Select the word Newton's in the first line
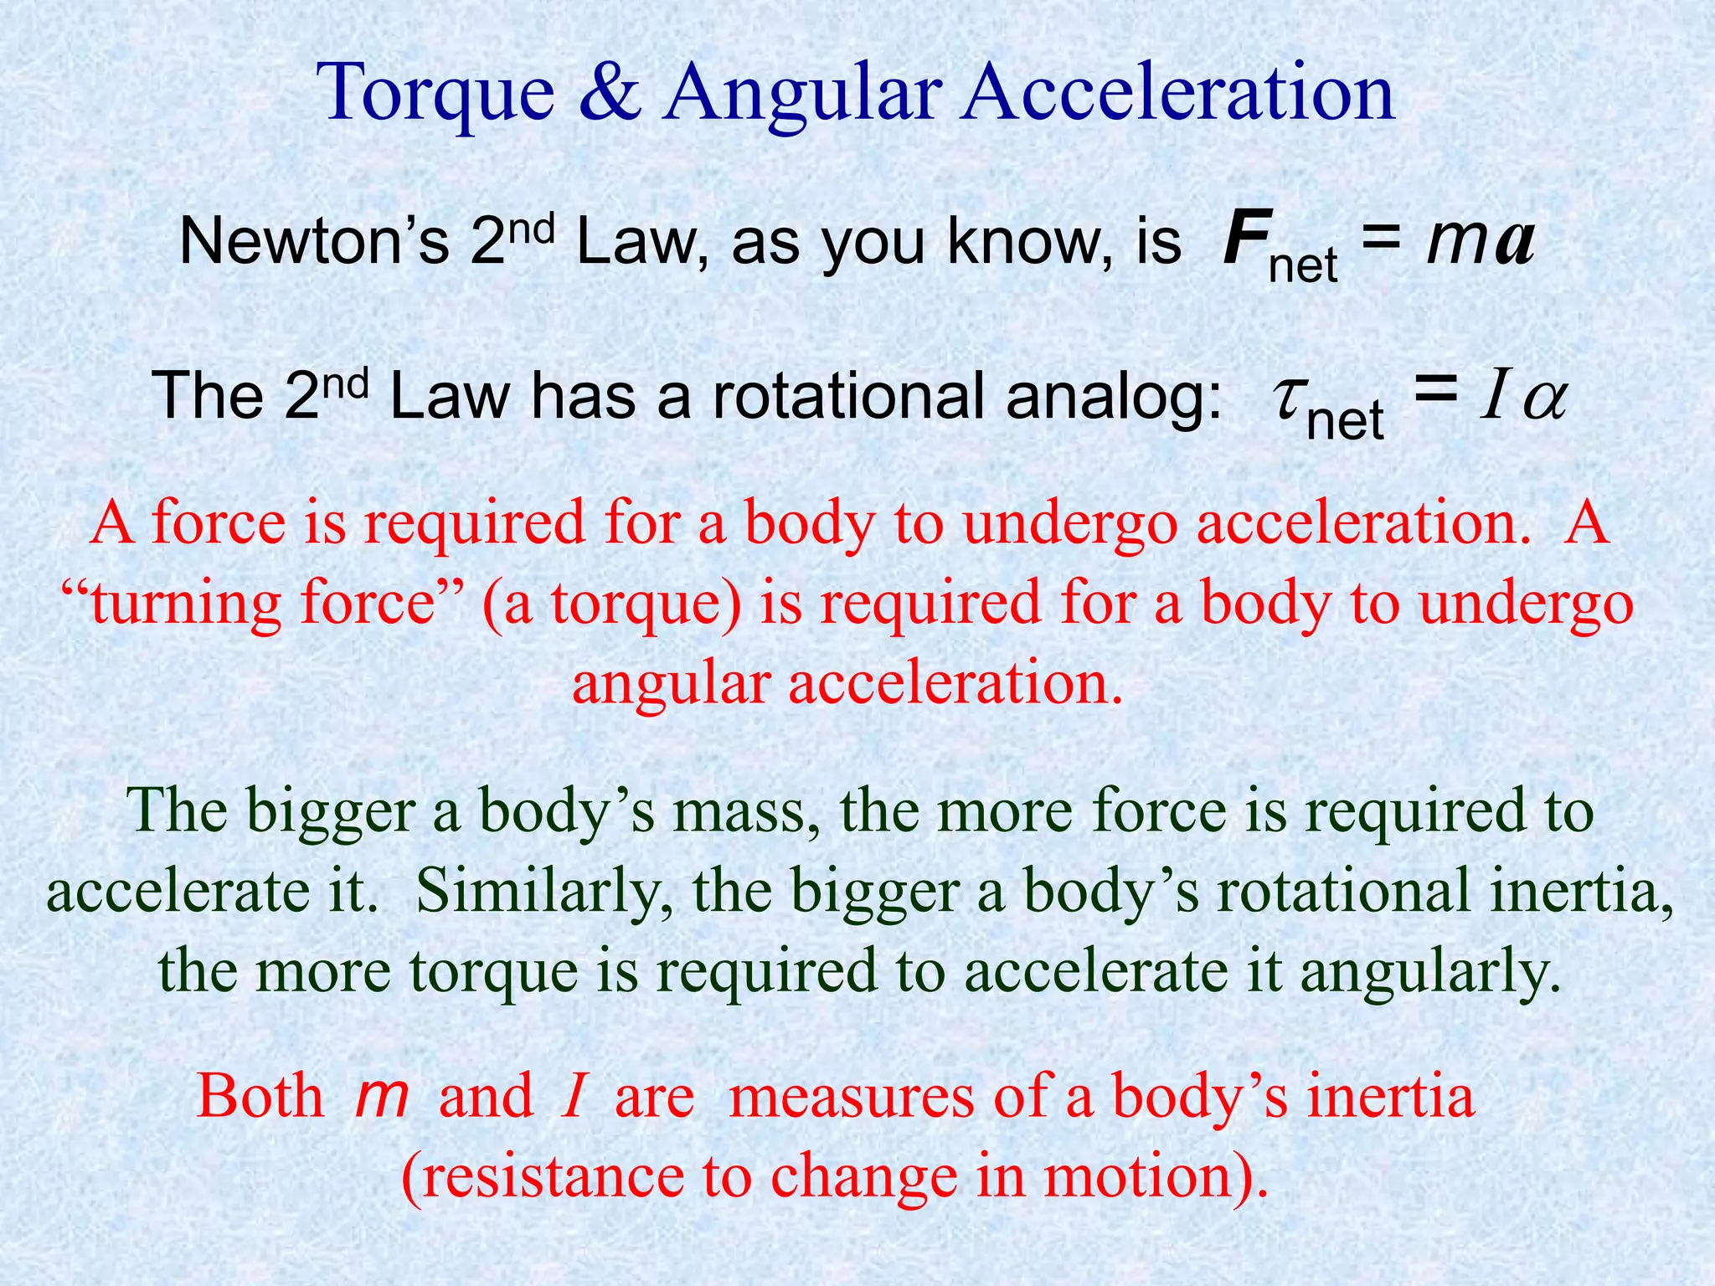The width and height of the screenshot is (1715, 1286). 314,241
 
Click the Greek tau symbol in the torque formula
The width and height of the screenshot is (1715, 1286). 1286,398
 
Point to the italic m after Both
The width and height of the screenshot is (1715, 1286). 382,1096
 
